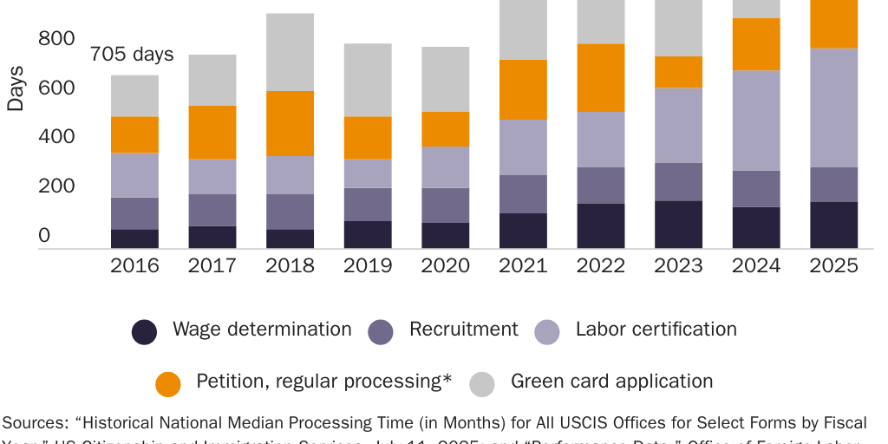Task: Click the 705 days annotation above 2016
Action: pyautogui.click(x=132, y=55)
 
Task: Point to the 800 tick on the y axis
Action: pyautogui.click(x=55, y=39)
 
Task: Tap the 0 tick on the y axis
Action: pyautogui.click(x=44, y=236)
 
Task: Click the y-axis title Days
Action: pyautogui.click(x=16, y=88)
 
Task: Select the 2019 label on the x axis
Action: pyautogui.click(x=367, y=265)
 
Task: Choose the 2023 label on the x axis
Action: pyautogui.click(x=678, y=265)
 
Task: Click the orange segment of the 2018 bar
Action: pyautogui.click(x=290, y=123)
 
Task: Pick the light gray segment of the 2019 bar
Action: pyautogui.click(x=367, y=80)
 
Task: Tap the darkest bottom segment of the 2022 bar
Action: pyautogui.click(x=601, y=226)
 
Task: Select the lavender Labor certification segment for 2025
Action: pyautogui.click(x=833, y=108)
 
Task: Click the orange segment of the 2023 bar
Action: pyautogui.click(x=678, y=72)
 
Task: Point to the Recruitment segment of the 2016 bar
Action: pyautogui.click(x=134, y=213)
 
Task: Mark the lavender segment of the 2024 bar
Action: pyautogui.click(x=756, y=121)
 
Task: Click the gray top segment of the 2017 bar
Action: pyautogui.click(x=212, y=80)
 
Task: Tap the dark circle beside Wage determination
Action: pyautogui.click(x=145, y=331)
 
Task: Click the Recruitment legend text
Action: pyautogui.click(x=463, y=330)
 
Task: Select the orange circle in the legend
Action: pyautogui.click(x=167, y=383)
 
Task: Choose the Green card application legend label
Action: pyautogui.click(x=611, y=382)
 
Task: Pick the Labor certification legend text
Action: pyautogui.click(x=656, y=330)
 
